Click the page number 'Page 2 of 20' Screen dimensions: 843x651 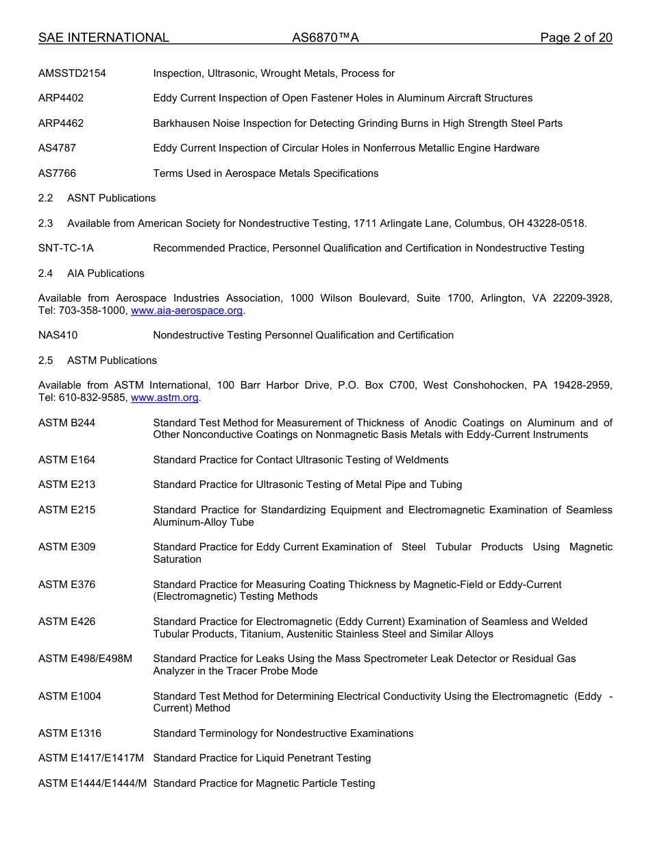(576, 38)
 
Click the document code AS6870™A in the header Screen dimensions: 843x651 (325, 38)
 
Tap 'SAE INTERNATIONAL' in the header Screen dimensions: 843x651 (103, 38)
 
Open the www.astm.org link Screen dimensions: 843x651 (164, 398)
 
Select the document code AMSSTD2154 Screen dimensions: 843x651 (72, 73)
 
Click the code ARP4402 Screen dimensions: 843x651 (61, 98)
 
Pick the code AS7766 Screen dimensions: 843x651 (57, 173)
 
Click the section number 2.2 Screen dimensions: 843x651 (46, 198)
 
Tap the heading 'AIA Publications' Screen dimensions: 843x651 (106, 273)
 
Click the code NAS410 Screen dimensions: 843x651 (58, 335)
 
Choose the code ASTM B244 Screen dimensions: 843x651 (66, 423)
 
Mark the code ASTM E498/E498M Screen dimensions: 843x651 (85, 659)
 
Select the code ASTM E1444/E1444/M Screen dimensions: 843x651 (93, 783)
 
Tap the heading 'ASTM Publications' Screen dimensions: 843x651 (112, 361)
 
